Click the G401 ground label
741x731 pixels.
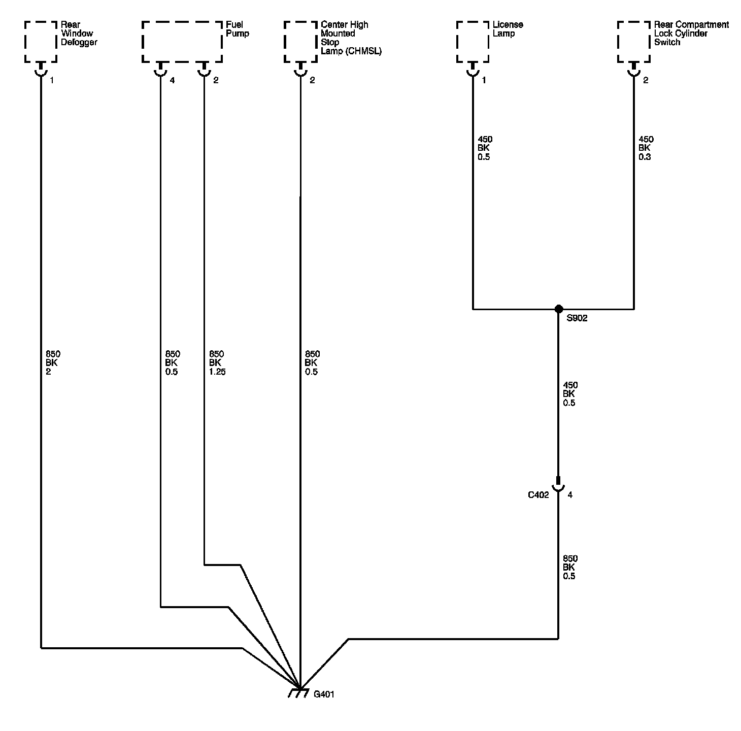[x=324, y=694]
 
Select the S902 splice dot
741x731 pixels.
[x=558, y=309]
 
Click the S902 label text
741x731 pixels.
[x=577, y=319]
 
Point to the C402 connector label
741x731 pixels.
[x=538, y=495]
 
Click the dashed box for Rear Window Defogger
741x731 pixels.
[x=41, y=42]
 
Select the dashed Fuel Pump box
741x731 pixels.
[x=182, y=42]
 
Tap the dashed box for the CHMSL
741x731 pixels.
[x=300, y=42]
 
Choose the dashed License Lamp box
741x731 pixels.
[x=473, y=42]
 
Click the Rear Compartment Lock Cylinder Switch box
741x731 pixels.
[x=633, y=42]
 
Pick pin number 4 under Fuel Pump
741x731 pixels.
[x=172, y=80]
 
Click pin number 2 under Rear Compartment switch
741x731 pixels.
[x=646, y=80]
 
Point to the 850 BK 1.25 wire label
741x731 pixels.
[x=217, y=363]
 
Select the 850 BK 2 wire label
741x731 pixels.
[x=52, y=363]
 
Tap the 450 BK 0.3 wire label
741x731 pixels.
[x=646, y=148]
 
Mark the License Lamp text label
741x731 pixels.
[x=508, y=29]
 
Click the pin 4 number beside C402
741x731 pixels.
[x=570, y=495]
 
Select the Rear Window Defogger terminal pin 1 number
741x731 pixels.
[x=52, y=80]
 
